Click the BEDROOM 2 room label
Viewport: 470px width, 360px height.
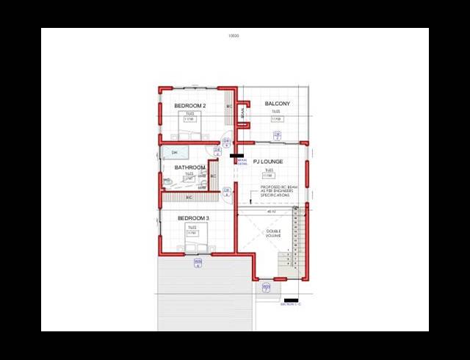189,106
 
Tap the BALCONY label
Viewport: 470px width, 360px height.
277,104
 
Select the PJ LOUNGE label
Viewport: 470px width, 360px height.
268,161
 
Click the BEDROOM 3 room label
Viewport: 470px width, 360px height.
194,219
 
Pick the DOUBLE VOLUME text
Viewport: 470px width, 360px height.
274,236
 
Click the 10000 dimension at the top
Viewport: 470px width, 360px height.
234,35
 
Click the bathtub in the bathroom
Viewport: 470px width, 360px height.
174,153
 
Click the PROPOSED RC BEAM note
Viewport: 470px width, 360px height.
277,190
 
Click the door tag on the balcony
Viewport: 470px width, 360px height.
277,134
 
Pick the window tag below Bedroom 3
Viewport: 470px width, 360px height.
197,263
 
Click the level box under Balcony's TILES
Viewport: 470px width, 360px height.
277,119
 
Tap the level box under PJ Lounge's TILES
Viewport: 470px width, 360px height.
269,176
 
